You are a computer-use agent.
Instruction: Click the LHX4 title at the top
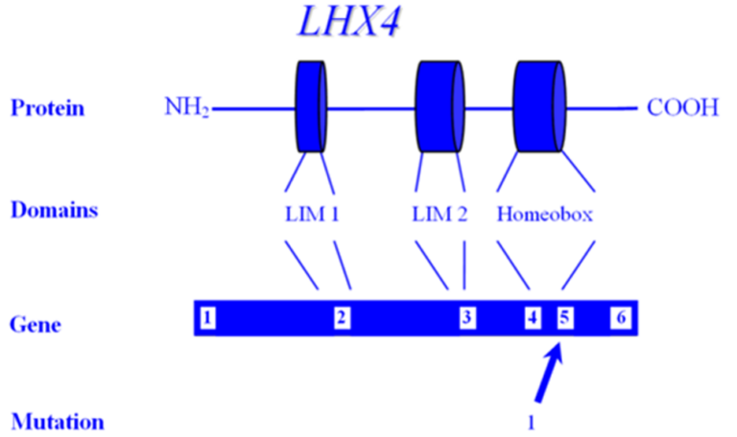348,21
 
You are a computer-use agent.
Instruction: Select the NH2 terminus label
186,107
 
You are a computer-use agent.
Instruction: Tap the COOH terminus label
682,107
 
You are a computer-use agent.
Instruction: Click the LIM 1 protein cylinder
311,106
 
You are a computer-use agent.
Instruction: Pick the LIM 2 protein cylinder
440,106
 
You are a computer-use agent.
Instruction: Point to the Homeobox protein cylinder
539,106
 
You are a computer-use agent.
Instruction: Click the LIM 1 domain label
312,215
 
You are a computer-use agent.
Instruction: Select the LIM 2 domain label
440,215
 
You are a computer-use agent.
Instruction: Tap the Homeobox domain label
545,215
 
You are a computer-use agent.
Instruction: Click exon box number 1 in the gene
207,318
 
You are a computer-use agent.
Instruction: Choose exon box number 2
343,318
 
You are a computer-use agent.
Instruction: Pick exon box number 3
467,318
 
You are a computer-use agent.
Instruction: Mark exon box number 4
533,318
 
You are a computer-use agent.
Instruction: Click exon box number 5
565,318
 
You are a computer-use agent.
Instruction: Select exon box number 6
621,318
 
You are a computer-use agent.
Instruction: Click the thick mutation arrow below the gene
549,373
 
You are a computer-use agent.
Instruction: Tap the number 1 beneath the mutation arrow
531,424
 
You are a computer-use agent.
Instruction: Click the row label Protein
47,108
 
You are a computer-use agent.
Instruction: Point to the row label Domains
54,209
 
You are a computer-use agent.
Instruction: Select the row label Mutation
58,422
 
